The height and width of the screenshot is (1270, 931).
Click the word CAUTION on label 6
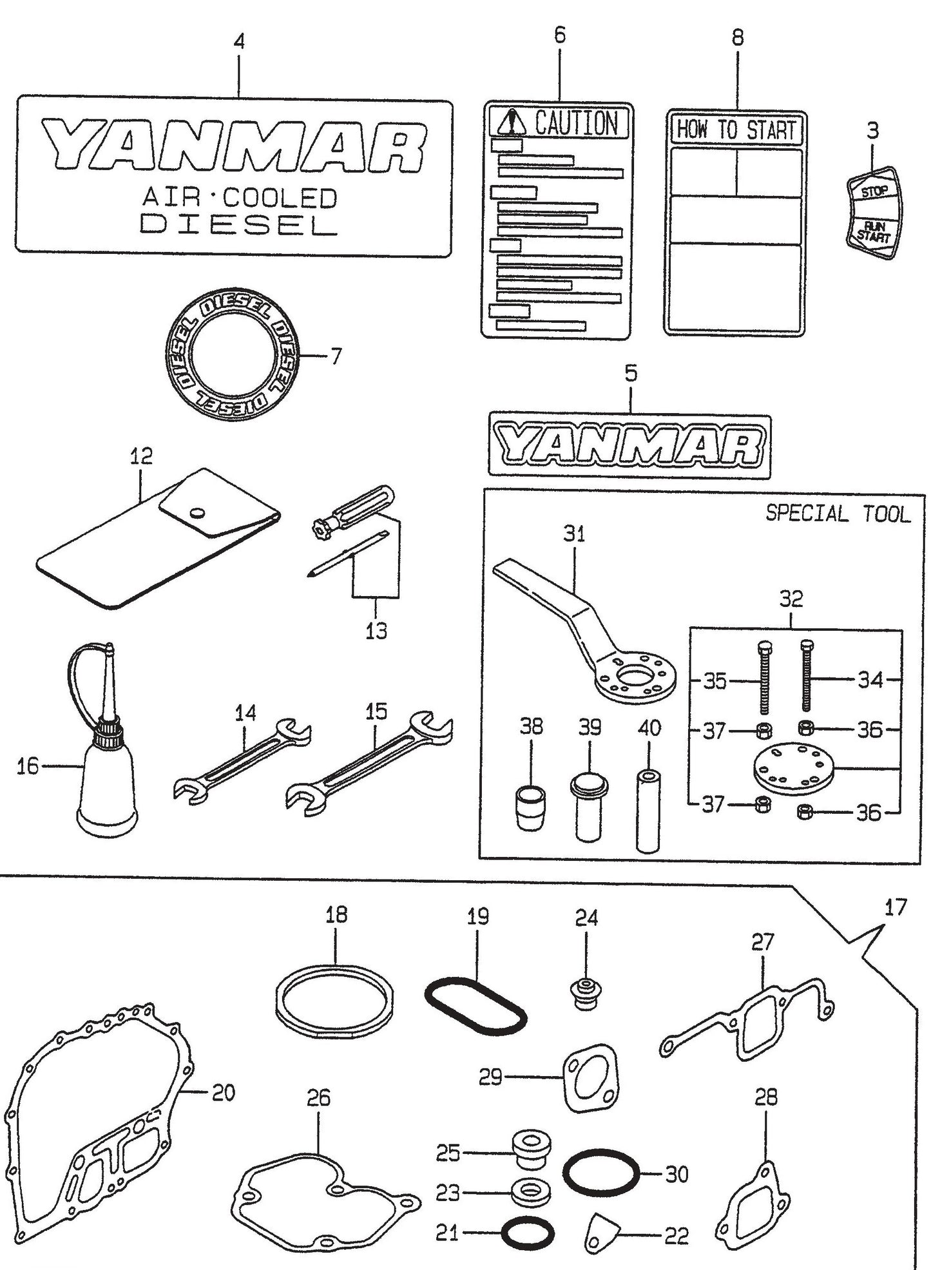pyautogui.click(x=575, y=123)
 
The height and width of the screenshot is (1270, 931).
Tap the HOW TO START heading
pyautogui.click(x=735, y=130)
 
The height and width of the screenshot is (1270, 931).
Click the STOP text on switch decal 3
pyautogui.click(x=874, y=191)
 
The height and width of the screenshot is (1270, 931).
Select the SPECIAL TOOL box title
pyautogui.click(x=838, y=514)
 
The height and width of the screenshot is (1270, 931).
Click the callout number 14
pyautogui.click(x=245, y=713)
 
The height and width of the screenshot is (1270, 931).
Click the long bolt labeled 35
pyautogui.click(x=764, y=677)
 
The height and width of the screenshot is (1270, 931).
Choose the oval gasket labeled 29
pyautogui.click(x=591, y=1078)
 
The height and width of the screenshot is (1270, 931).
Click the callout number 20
pyautogui.click(x=224, y=1093)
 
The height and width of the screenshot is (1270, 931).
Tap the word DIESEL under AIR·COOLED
pyautogui.click(x=238, y=224)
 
